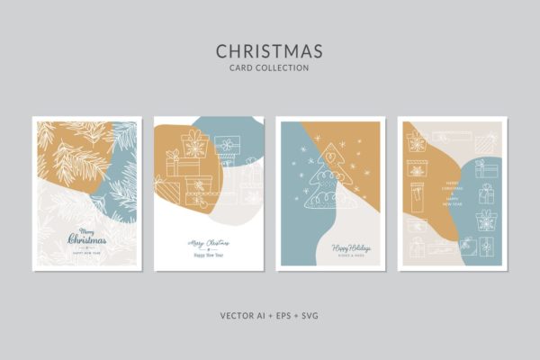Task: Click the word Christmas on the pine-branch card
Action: pyautogui.click(x=86, y=240)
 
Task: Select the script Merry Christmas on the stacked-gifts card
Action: pyautogui.click(x=209, y=243)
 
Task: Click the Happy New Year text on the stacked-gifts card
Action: pyautogui.click(x=209, y=256)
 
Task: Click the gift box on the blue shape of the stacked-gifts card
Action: pyautogui.click(x=226, y=148)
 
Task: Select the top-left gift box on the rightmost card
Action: pyautogui.click(x=416, y=142)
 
